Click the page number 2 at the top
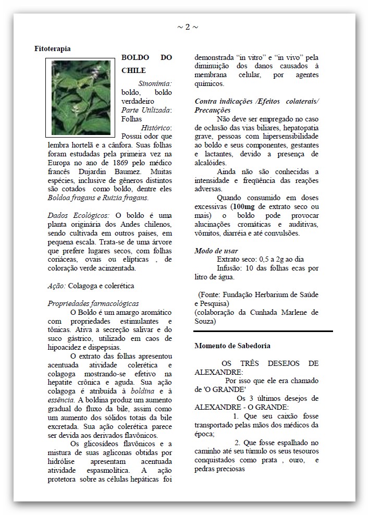[x=188, y=27]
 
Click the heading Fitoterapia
[x=53, y=48]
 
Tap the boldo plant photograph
[x=81, y=97]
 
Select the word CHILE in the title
[x=133, y=70]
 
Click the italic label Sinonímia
[x=155, y=83]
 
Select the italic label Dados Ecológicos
[x=78, y=215]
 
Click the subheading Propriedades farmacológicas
[x=93, y=303]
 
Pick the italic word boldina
[x=141, y=391]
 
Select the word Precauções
[x=212, y=111]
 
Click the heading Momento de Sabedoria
[x=232, y=346]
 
